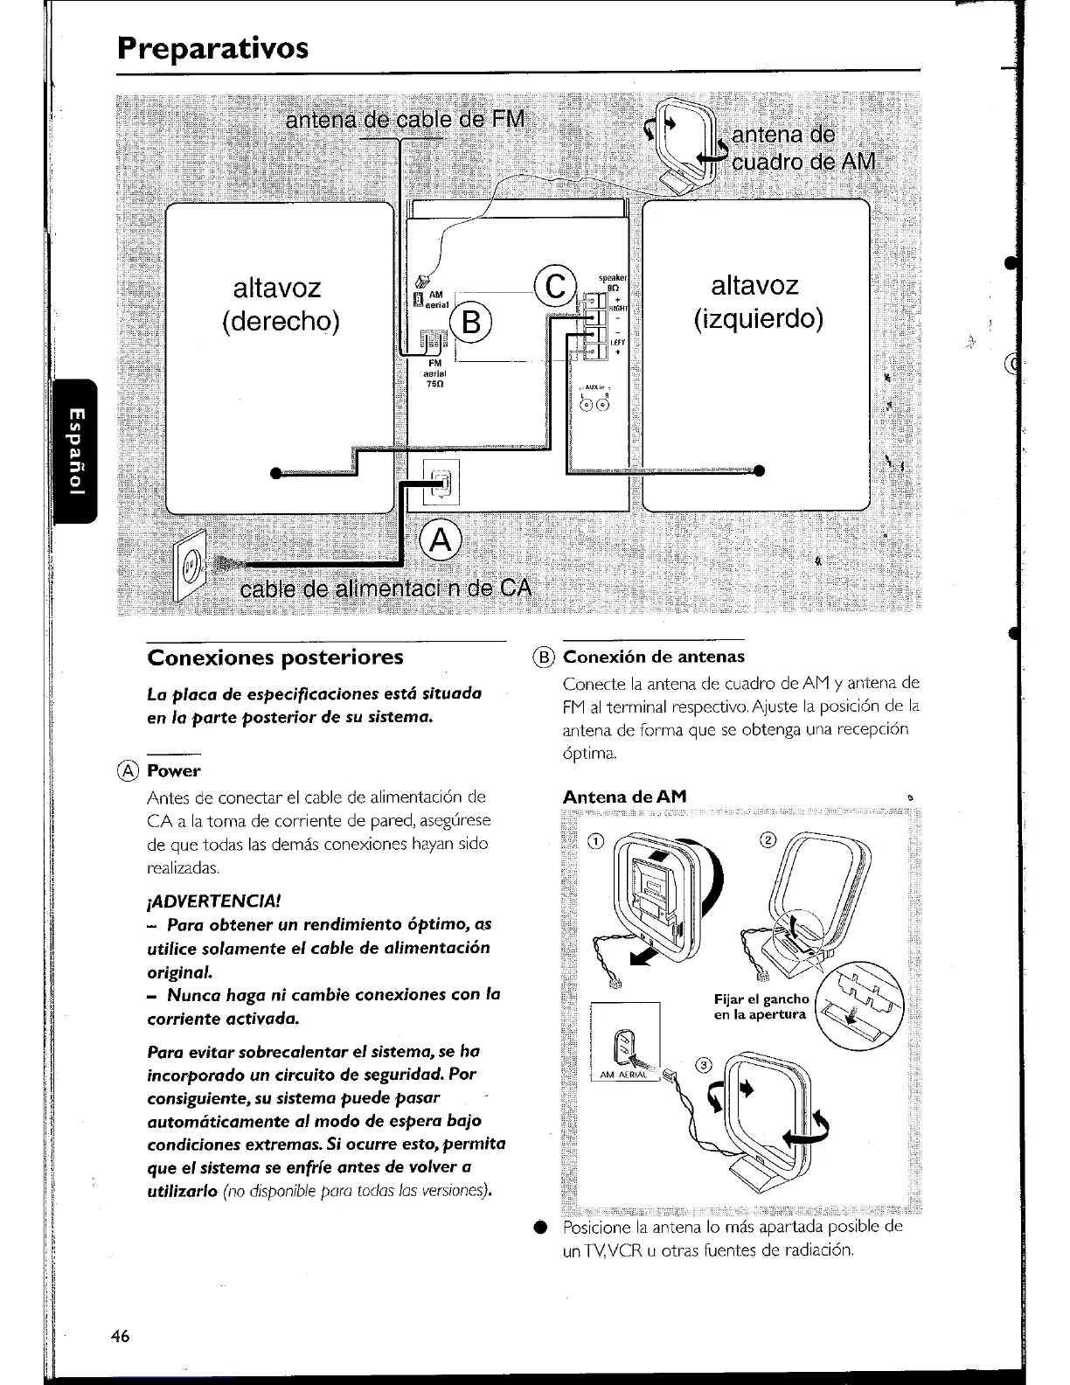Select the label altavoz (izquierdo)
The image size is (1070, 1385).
pos(757,301)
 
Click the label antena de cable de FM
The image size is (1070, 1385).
pos(406,119)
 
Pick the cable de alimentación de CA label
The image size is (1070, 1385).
pos(386,587)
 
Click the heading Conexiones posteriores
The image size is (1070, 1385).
pos(275,657)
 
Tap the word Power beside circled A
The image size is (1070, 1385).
pos(174,771)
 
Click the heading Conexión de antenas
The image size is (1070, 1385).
pos(654,657)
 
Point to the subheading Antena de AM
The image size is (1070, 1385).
pos(624,797)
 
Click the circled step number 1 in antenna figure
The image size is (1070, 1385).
pos(595,842)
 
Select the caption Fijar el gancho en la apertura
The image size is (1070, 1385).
pos(761,1006)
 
